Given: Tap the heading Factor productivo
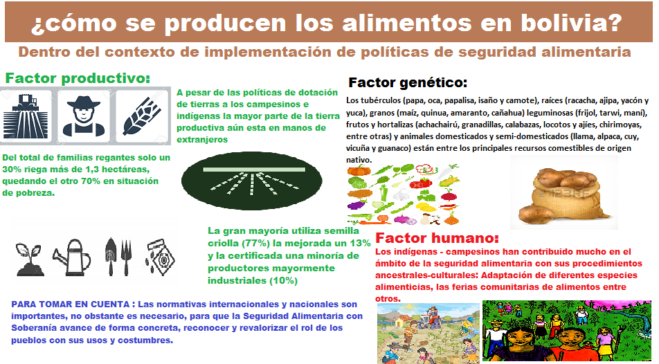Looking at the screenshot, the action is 78,78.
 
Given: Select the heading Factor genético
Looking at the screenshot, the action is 408,83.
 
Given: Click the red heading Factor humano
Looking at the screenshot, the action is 437,238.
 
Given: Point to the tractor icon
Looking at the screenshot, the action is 26,116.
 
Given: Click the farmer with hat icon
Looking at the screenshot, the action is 84,116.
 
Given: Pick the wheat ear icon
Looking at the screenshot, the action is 142,116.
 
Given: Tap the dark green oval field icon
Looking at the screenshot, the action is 252,181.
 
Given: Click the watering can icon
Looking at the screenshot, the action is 72,257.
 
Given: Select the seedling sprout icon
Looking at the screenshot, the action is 29,260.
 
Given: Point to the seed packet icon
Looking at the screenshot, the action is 160,257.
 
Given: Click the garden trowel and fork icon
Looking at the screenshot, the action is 118,257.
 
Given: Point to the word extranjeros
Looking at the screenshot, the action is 202,140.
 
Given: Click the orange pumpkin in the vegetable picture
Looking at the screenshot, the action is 359,170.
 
